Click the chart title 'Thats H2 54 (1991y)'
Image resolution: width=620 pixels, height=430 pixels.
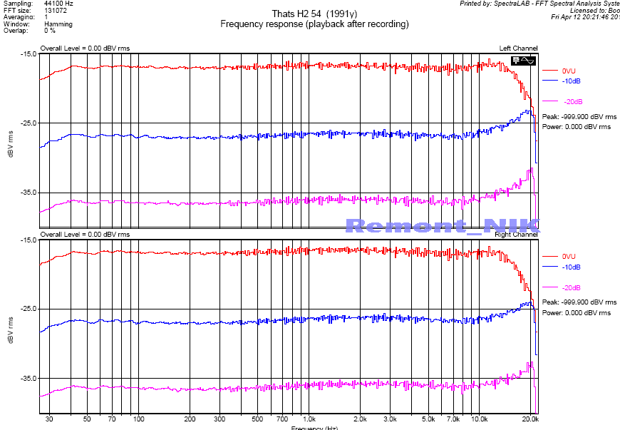pos(314,14)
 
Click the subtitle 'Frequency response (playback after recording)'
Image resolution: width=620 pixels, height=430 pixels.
pos(314,24)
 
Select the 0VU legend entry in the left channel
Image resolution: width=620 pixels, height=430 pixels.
pos(568,71)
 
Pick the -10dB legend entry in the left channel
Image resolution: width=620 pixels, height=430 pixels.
pos(570,81)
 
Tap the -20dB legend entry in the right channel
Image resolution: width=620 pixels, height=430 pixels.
pos(572,287)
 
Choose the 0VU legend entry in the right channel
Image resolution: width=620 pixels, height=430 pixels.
pos(568,256)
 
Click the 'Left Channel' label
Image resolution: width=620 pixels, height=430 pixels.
pos(519,48)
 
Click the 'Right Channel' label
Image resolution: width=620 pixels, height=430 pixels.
pos(517,235)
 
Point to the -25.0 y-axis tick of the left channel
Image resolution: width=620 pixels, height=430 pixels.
pos(29,123)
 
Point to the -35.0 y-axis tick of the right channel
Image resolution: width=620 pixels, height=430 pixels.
pos(29,378)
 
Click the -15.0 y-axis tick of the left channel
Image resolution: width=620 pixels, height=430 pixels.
pos(29,54)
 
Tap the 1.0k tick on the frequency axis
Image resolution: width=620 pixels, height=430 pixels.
pos(309,419)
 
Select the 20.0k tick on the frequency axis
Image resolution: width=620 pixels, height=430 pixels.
pos(529,419)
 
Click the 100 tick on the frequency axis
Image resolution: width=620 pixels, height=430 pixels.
pos(139,419)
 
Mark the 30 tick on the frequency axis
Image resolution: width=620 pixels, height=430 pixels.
pos(49,419)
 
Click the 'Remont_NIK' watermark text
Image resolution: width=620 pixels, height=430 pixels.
pos(442,225)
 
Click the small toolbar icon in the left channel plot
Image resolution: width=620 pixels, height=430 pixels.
pos(522,61)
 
